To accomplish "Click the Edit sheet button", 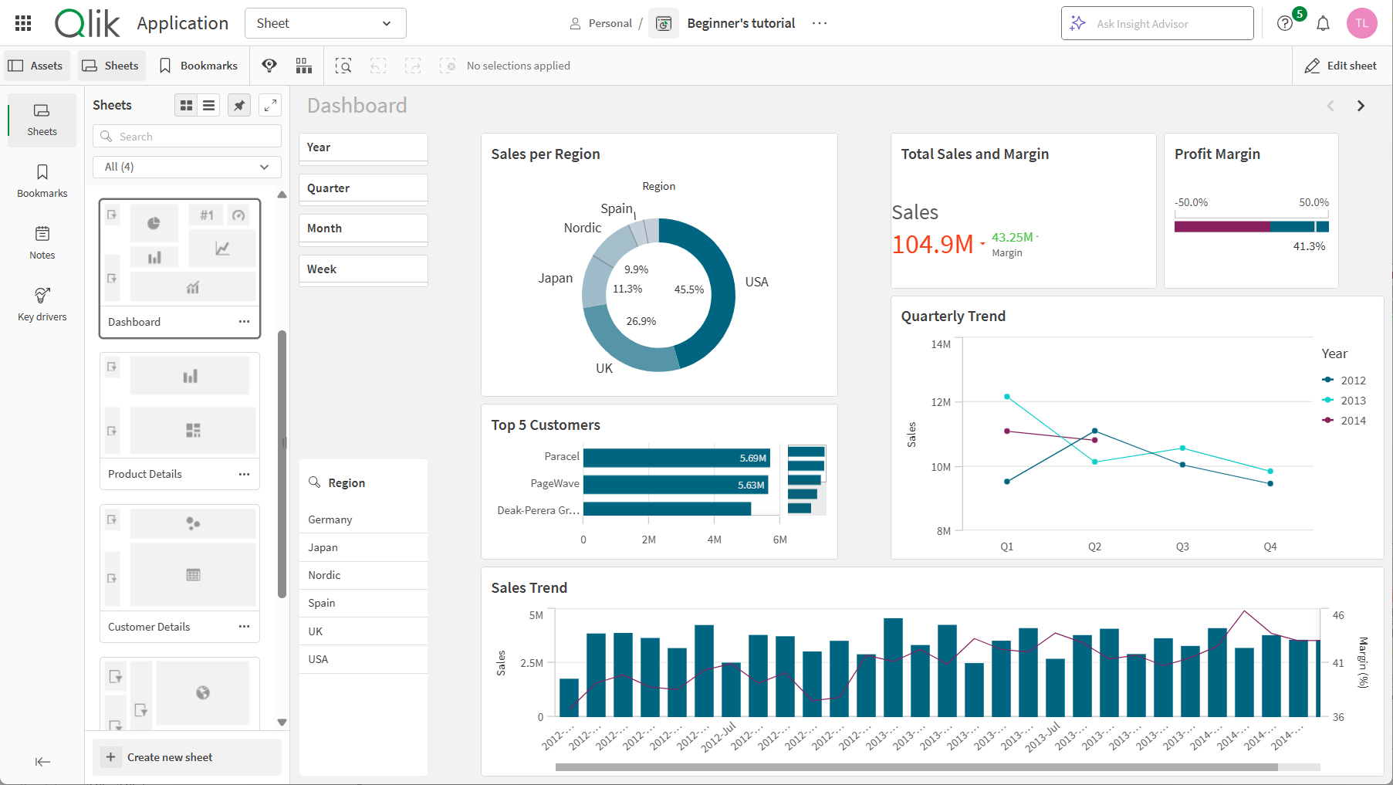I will coord(1340,66).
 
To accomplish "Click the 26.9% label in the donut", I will coord(641,321).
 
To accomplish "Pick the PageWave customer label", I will coord(554,484).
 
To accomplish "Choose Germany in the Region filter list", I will coord(330,519).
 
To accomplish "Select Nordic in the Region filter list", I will coord(324,575).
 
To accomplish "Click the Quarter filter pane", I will coord(363,188).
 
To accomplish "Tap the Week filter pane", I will coord(363,269).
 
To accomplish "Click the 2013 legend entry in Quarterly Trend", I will coord(1352,401).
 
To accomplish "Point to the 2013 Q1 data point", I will coord(1007,397).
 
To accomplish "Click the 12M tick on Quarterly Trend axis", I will coord(941,402).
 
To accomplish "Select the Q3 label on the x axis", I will coord(1182,546).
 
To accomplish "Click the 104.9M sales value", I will coord(932,245).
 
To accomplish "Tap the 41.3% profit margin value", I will coord(1309,246).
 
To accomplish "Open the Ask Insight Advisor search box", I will coord(1157,24).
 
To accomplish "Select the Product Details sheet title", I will coord(145,474).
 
